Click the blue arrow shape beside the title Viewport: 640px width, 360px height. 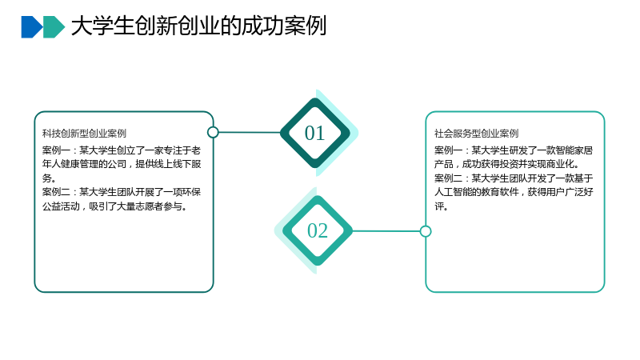click(x=32, y=27)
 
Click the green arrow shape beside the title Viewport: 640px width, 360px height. click(x=54, y=27)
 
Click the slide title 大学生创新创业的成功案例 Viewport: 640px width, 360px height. click(x=198, y=26)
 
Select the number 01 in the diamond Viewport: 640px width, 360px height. click(x=314, y=133)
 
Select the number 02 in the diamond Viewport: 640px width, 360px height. click(x=318, y=230)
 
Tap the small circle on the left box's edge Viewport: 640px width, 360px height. click(x=213, y=132)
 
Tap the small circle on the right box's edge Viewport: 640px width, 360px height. click(x=426, y=231)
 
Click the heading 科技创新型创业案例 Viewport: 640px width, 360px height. click(x=84, y=134)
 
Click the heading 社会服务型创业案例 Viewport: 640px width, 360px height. click(x=476, y=134)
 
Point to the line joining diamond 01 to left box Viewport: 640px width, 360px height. click(x=250, y=132)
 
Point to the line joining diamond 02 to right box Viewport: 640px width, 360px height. click(x=386, y=231)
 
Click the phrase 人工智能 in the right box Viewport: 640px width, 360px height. click(x=453, y=192)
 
